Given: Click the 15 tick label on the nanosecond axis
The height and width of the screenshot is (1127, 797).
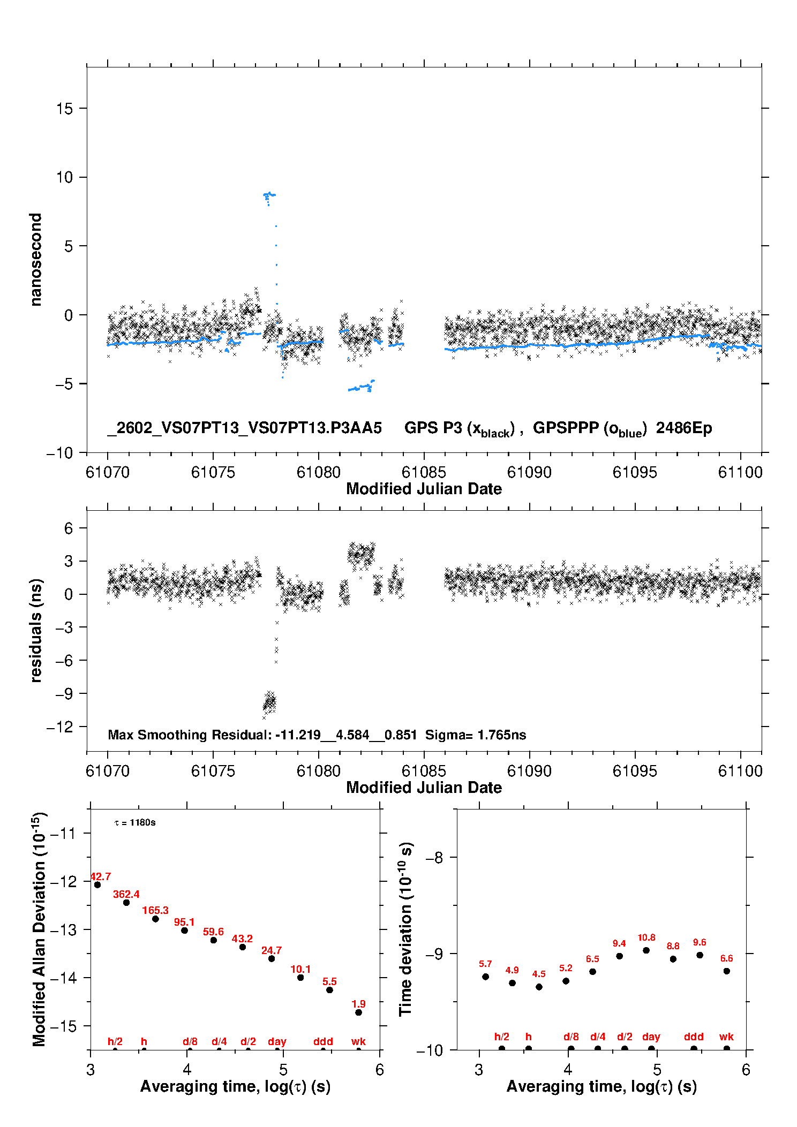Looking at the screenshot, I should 64,109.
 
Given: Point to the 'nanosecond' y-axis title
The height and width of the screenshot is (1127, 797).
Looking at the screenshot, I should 35,260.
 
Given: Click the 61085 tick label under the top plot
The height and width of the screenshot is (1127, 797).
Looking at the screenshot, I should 424,472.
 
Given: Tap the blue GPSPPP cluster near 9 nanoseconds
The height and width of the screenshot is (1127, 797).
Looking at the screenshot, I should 269,195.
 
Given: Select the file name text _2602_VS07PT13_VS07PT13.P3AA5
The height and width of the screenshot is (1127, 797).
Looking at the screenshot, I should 244,428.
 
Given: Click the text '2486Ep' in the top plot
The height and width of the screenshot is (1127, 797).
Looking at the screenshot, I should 684,428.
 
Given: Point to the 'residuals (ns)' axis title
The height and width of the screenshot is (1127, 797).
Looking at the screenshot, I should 35,630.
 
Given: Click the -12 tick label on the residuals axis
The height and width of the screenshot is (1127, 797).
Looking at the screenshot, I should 60,727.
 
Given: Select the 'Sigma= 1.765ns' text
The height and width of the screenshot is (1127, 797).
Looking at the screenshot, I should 476,735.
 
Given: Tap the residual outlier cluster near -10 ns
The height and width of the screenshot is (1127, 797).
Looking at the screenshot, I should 269,701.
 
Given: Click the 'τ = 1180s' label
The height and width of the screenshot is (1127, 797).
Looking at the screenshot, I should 135,823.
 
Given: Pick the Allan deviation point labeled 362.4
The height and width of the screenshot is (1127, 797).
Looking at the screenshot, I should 126,903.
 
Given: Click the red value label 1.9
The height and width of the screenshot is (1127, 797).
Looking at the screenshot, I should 358,1004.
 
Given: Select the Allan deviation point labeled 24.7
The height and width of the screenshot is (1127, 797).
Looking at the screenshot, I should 272,958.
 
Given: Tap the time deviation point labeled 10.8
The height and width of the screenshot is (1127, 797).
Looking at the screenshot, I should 646,950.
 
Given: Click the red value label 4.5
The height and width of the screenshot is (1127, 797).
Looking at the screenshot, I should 539,974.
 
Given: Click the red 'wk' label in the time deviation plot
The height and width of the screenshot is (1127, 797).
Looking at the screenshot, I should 726,1037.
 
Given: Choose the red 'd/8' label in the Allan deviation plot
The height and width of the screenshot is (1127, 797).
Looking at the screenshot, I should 190,1041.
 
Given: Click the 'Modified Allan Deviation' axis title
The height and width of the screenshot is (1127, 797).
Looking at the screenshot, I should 39,929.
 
